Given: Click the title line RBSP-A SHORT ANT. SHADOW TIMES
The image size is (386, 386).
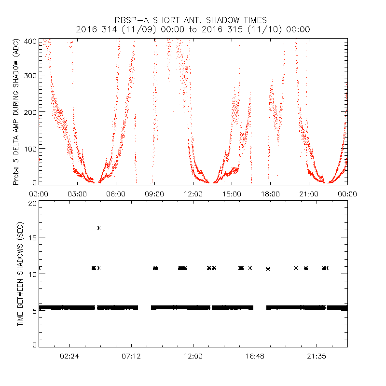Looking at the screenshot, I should coord(191,20).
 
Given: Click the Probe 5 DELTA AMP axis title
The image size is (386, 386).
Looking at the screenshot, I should coord(16,111).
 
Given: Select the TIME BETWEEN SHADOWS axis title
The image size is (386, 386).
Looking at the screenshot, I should coord(20,275).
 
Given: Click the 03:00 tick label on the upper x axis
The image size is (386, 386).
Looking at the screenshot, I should coord(77,193).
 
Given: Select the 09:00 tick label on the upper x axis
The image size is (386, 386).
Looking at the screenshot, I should coord(154,193).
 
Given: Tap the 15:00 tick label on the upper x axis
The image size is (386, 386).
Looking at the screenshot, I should coord(232,193).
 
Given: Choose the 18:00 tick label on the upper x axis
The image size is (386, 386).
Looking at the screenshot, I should coord(270,193).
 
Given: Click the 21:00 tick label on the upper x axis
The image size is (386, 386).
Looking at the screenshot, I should coord(309,193).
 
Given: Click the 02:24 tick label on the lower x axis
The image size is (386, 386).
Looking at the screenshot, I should coord(69,357).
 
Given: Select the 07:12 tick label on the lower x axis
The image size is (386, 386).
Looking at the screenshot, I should coord(131,357).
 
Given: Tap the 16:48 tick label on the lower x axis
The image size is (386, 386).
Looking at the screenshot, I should coord(255,357).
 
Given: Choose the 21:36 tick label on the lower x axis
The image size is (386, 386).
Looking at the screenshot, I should coord(317,357).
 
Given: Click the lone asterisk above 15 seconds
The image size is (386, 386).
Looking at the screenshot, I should coord(98,228).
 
